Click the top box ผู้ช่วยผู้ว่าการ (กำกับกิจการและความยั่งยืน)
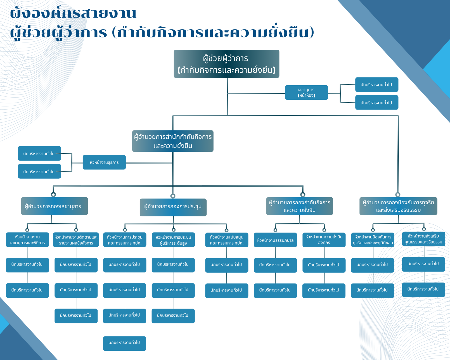coord(226,64)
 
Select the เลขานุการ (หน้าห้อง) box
coord(306,93)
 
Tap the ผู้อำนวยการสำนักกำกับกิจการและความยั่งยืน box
coord(173,141)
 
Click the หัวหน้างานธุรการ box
coord(104,162)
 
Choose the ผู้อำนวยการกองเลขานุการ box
coord(55,206)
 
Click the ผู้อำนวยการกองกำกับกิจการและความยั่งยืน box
coord(299,206)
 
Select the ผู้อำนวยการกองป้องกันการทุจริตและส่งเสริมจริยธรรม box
coord(398,206)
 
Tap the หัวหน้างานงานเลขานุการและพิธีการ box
coord(27,240)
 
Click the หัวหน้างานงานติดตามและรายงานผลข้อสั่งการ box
coord(76,240)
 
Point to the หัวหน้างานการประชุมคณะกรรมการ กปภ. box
coord(125,240)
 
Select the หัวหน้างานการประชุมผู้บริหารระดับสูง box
coord(173,240)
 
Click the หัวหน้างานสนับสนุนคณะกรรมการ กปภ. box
coord(227,240)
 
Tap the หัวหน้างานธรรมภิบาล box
coord(275,240)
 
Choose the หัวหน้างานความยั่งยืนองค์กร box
coord(324,240)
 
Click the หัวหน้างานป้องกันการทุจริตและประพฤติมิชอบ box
coord(373,240)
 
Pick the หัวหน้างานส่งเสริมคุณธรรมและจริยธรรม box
coord(423,239)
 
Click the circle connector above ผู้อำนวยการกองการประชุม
coord(173,196)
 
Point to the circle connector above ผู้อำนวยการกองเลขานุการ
coord(53,195)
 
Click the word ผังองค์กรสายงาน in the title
coord(73,13)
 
